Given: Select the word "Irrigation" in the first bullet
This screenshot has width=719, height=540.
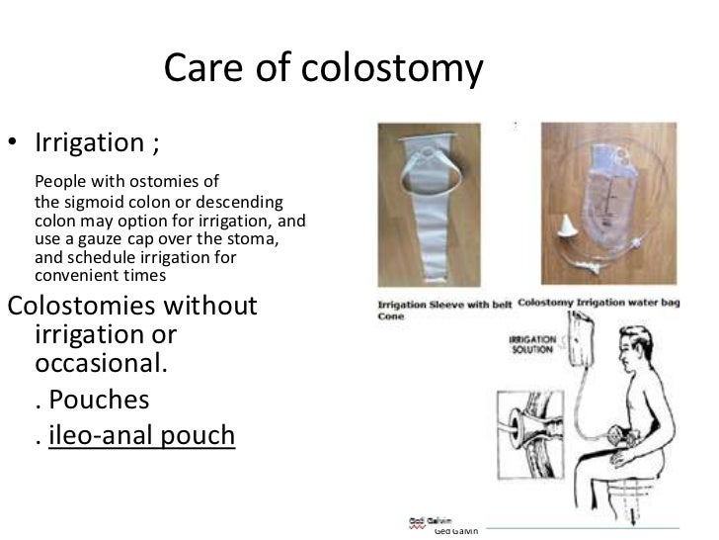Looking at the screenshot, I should (x=87, y=143).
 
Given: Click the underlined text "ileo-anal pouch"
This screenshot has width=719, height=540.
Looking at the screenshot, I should (x=143, y=436).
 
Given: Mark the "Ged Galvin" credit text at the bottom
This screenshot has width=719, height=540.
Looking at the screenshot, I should (x=455, y=531).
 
